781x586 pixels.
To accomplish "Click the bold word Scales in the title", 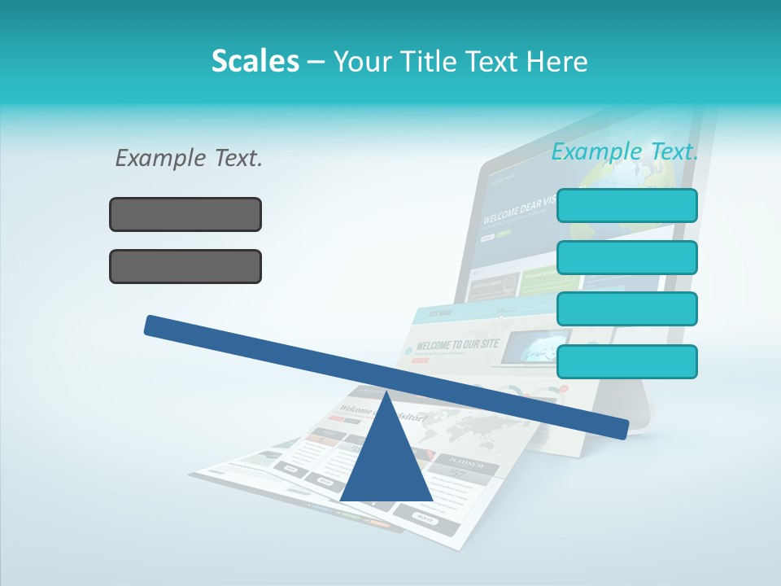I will point(255,61).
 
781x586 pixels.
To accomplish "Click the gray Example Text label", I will point(189,158).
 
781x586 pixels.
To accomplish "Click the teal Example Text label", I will point(625,151).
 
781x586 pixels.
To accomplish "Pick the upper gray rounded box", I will point(185,214).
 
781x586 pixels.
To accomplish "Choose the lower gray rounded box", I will point(185,266).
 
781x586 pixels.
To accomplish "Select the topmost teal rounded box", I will point(626,205).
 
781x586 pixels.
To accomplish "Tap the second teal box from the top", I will point(626,257).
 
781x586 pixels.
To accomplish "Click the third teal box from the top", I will point(626,309).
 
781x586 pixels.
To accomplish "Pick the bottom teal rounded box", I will point(626,361).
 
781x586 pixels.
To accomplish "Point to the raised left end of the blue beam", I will point(155,325).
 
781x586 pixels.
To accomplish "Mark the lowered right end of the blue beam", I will point(618,428).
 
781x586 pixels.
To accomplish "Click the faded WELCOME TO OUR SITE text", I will point(456,345).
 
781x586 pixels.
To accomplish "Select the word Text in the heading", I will point(491,61).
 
